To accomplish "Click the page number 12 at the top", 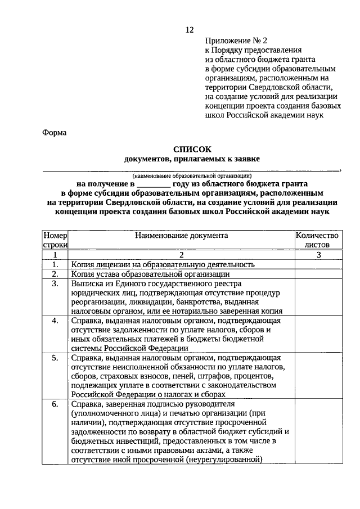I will coord(190,30).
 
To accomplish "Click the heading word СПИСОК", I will coord(192,150).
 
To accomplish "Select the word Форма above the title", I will coord(54,133).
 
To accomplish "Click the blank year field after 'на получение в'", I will coord(153,183).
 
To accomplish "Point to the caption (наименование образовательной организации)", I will coord(191,176).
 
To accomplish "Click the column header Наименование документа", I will coord(181,236).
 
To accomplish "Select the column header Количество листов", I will coord(318,240).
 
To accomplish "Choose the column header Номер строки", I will coord(55,240).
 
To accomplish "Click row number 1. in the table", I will coord(55,264).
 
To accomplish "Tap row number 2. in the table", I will coord(55,274).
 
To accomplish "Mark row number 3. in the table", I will coord(55,283).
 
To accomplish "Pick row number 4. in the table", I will coord(55,321).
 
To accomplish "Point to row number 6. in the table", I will coord(55,404).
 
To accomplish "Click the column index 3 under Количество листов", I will coord(318,255).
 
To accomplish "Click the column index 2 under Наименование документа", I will coord(181,255).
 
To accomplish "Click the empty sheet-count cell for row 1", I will coord(318,264).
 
